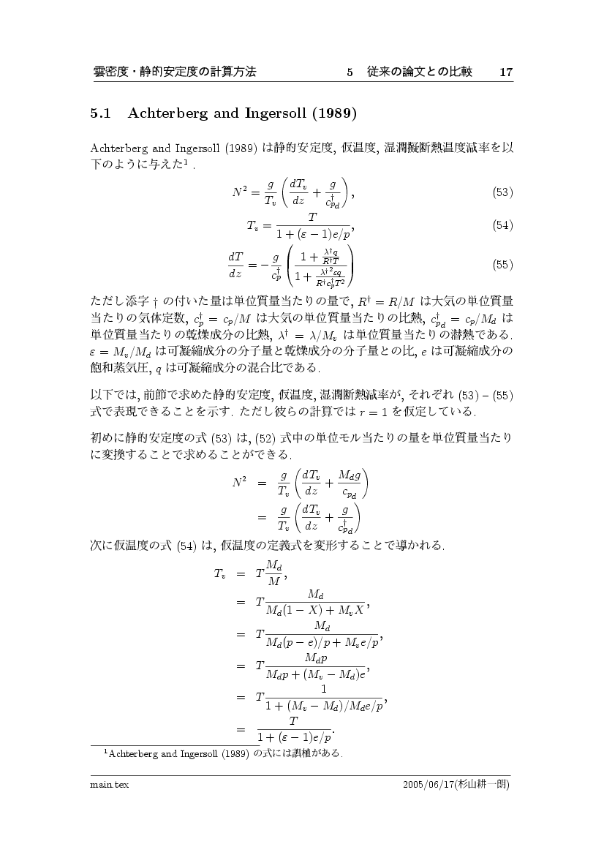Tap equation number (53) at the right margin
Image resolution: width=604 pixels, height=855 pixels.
502,193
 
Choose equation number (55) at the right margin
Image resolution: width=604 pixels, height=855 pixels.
502,265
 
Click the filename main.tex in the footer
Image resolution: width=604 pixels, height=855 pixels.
105,784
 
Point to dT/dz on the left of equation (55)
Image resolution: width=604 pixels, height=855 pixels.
235,265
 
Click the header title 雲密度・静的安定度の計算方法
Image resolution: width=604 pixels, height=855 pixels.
175,72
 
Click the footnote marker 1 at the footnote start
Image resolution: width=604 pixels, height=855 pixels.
106,750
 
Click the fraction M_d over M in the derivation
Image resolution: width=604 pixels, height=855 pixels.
273,573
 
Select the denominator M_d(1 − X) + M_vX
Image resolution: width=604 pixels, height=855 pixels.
316,611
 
